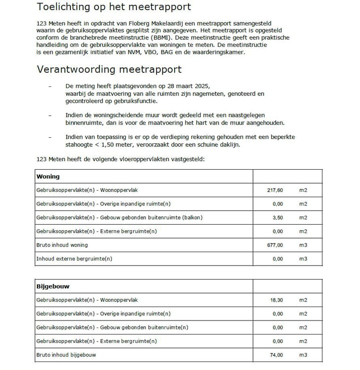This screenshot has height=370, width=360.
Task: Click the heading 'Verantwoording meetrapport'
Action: (x=109, y=69)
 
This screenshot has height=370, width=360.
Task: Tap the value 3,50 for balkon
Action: (x=277, y=218)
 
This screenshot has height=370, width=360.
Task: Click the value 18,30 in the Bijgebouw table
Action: (x=276, y=300)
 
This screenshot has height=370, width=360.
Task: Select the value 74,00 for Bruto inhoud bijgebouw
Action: (x=276, y=355)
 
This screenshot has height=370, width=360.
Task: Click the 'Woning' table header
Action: (x=48, y=177)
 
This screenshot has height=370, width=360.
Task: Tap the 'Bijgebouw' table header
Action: (x=52, y=287)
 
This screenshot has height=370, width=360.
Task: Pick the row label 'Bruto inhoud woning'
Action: (x=62, y=245)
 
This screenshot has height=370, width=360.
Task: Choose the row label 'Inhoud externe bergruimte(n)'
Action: (x=74, y=259)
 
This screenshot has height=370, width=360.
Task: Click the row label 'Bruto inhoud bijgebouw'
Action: (x=65, y=355)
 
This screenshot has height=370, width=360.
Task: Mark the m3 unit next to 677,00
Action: (x=303, y=245)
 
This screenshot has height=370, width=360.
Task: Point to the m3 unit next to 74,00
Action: (x=303, y=355)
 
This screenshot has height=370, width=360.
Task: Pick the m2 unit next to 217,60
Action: (x=303, y=190)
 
